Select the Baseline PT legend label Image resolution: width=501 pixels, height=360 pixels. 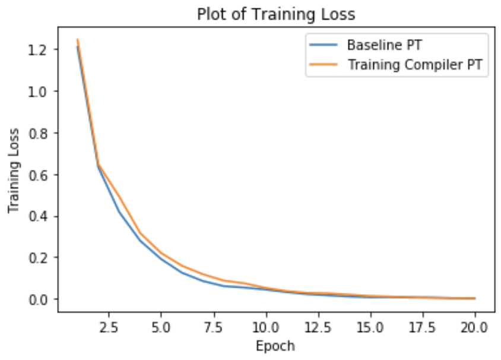point(384,45)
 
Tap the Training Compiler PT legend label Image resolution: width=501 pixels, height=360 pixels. point(417,65)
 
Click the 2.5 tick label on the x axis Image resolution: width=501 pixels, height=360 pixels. point(110,326)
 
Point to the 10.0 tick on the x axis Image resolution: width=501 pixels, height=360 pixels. point(266,326)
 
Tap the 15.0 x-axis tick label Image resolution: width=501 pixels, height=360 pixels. point(370,326)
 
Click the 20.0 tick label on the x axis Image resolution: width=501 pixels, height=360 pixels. point(475,326)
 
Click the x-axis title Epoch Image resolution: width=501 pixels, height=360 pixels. point(274,345)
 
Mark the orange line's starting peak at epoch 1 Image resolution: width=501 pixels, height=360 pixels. point(77,40)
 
